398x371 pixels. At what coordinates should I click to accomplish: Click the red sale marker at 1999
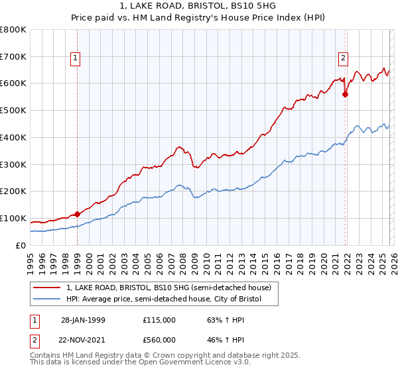click(78, 214)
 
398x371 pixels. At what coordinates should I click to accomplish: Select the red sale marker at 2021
click(345, 94)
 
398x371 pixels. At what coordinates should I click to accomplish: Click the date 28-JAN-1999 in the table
click(83, 319)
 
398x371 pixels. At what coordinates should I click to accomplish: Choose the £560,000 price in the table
click(159, 339)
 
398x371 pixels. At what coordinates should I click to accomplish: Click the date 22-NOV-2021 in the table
click(83, 339)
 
